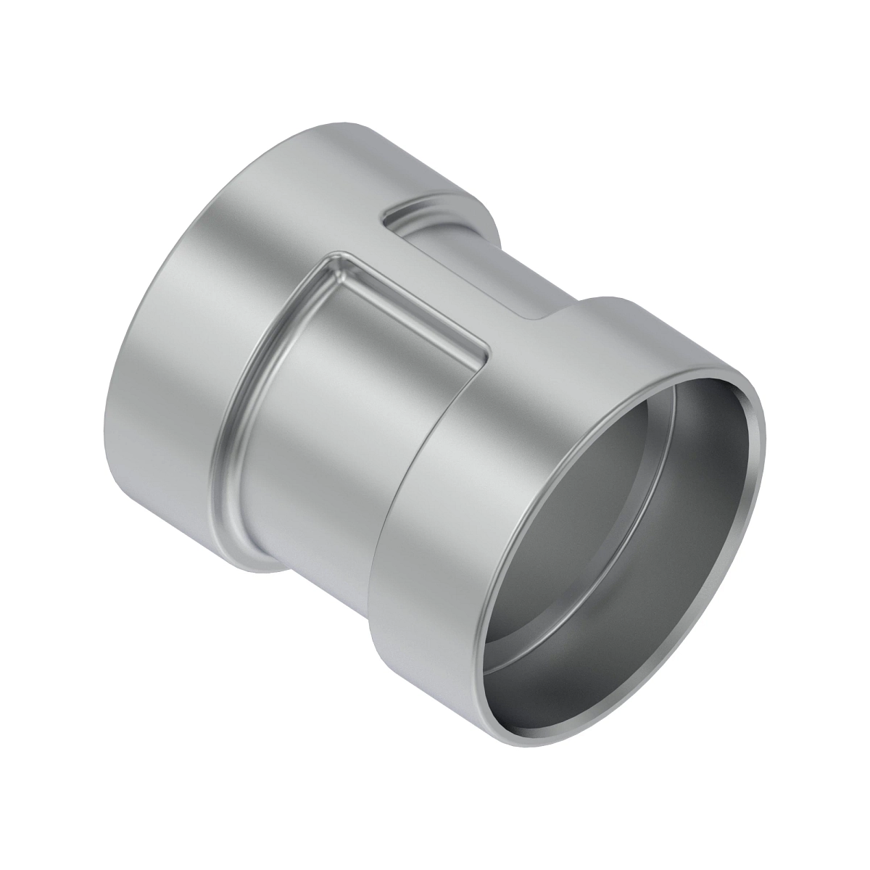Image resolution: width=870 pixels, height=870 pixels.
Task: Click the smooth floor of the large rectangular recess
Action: [362, 377]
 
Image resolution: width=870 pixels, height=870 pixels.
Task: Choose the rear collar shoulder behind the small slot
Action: [478, 210]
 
